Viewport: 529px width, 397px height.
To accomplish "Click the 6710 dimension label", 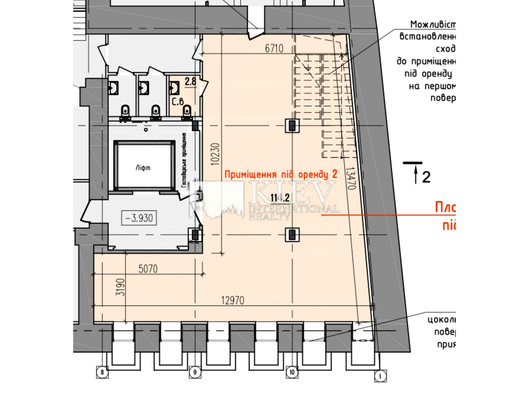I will (274, 49).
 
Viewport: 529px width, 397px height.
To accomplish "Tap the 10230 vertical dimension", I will (215, 154).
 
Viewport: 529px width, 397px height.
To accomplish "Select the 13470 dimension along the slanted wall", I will (350, 178).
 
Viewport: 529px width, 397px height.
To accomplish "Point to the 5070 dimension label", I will (148, 269).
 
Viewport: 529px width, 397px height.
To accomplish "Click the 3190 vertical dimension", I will (121, 287).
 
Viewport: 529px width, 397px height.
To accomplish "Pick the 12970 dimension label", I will (233, 300).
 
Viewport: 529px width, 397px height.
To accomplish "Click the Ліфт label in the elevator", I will (143, 168).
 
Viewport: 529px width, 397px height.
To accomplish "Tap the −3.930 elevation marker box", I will (139, 218).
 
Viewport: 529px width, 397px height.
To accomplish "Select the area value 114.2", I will (280, 198).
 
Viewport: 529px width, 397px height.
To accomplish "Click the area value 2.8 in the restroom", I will (190, 81).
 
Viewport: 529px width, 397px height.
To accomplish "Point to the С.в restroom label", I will (178, 101).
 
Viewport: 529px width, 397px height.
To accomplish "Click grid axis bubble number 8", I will (102, 373).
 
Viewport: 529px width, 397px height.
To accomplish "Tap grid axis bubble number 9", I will (195, 373).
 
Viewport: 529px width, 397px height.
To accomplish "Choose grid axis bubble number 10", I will (292, 373).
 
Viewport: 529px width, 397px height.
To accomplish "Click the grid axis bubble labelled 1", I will (380, 376).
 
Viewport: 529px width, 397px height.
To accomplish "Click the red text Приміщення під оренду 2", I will (281, 174).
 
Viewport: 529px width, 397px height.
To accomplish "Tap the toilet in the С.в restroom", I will (187, 111).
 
